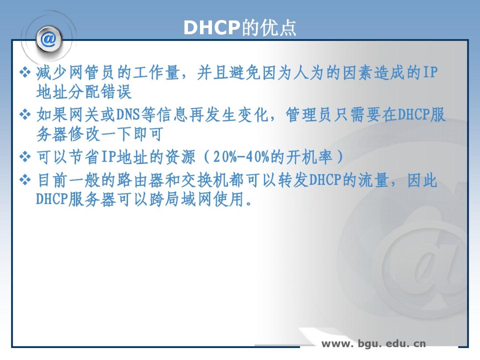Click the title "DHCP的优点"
240,28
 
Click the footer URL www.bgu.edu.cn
374,344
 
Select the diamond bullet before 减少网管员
25,73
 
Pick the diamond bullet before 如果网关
25,115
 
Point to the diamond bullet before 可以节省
25,157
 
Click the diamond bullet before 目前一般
25,180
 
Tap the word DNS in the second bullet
128,115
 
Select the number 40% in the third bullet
257,157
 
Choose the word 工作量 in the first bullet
156,73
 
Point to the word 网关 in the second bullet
84,115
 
